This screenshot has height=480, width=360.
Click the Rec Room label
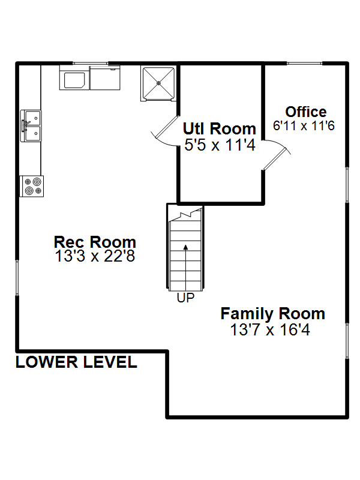click(x=95, y=242)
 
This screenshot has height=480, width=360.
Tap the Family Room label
click(x=273, y=314)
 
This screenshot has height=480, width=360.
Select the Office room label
click(x=306, y=112)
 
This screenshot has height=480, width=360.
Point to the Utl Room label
click(x=219, y=128)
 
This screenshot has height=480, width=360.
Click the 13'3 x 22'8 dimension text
click(x=95, y=256)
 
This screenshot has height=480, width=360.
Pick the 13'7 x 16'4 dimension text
click(x=270, y=329)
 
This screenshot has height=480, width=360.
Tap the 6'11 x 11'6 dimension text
click(x=304, y=125)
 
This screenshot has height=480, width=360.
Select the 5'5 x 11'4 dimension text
click(x=220, y=145)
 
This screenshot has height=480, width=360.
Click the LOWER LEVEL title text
click(x=76, y=362)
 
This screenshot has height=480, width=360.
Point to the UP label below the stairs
click(x=185, y=298)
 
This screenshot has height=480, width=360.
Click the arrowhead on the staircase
click(x=185, y=248)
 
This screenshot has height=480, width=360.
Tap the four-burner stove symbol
click(x=32, y=186)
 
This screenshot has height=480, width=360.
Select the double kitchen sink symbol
click(x=31, y=126)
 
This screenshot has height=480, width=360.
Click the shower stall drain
click(x=158, y=83)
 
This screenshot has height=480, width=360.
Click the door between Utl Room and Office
click(x=277, y=155)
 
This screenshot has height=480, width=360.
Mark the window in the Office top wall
click(x=305, y=64)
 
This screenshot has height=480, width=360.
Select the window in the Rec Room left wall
click(x=17, y=278)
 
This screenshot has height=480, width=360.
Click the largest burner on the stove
click(x=37, y=182)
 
